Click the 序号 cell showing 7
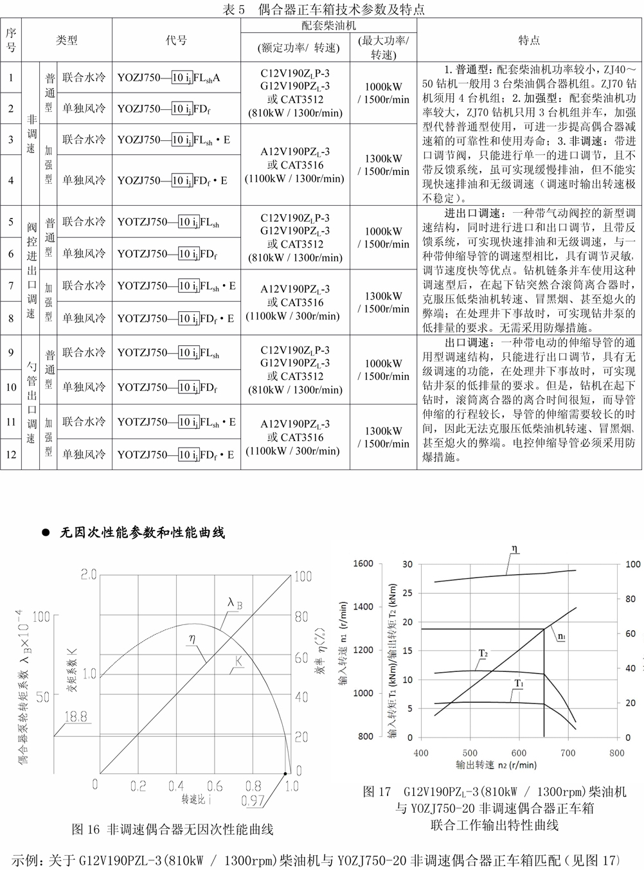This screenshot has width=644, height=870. pos(11,285)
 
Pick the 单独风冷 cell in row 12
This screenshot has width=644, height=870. pos(84,454)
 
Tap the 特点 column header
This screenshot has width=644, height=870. pos(529,40)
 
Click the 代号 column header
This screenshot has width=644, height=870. pos(176,40)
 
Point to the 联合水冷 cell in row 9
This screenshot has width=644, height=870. pos(84,352)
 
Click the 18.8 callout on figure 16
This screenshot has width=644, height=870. pos(76,716)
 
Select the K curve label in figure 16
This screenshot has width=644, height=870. pos(238,660)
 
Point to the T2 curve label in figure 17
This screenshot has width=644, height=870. pos(483,653)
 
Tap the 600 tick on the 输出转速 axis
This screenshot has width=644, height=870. pos(519,752)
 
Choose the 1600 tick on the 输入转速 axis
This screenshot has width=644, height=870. pos(363,564)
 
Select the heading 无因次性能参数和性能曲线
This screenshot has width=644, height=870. pos(142,532)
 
